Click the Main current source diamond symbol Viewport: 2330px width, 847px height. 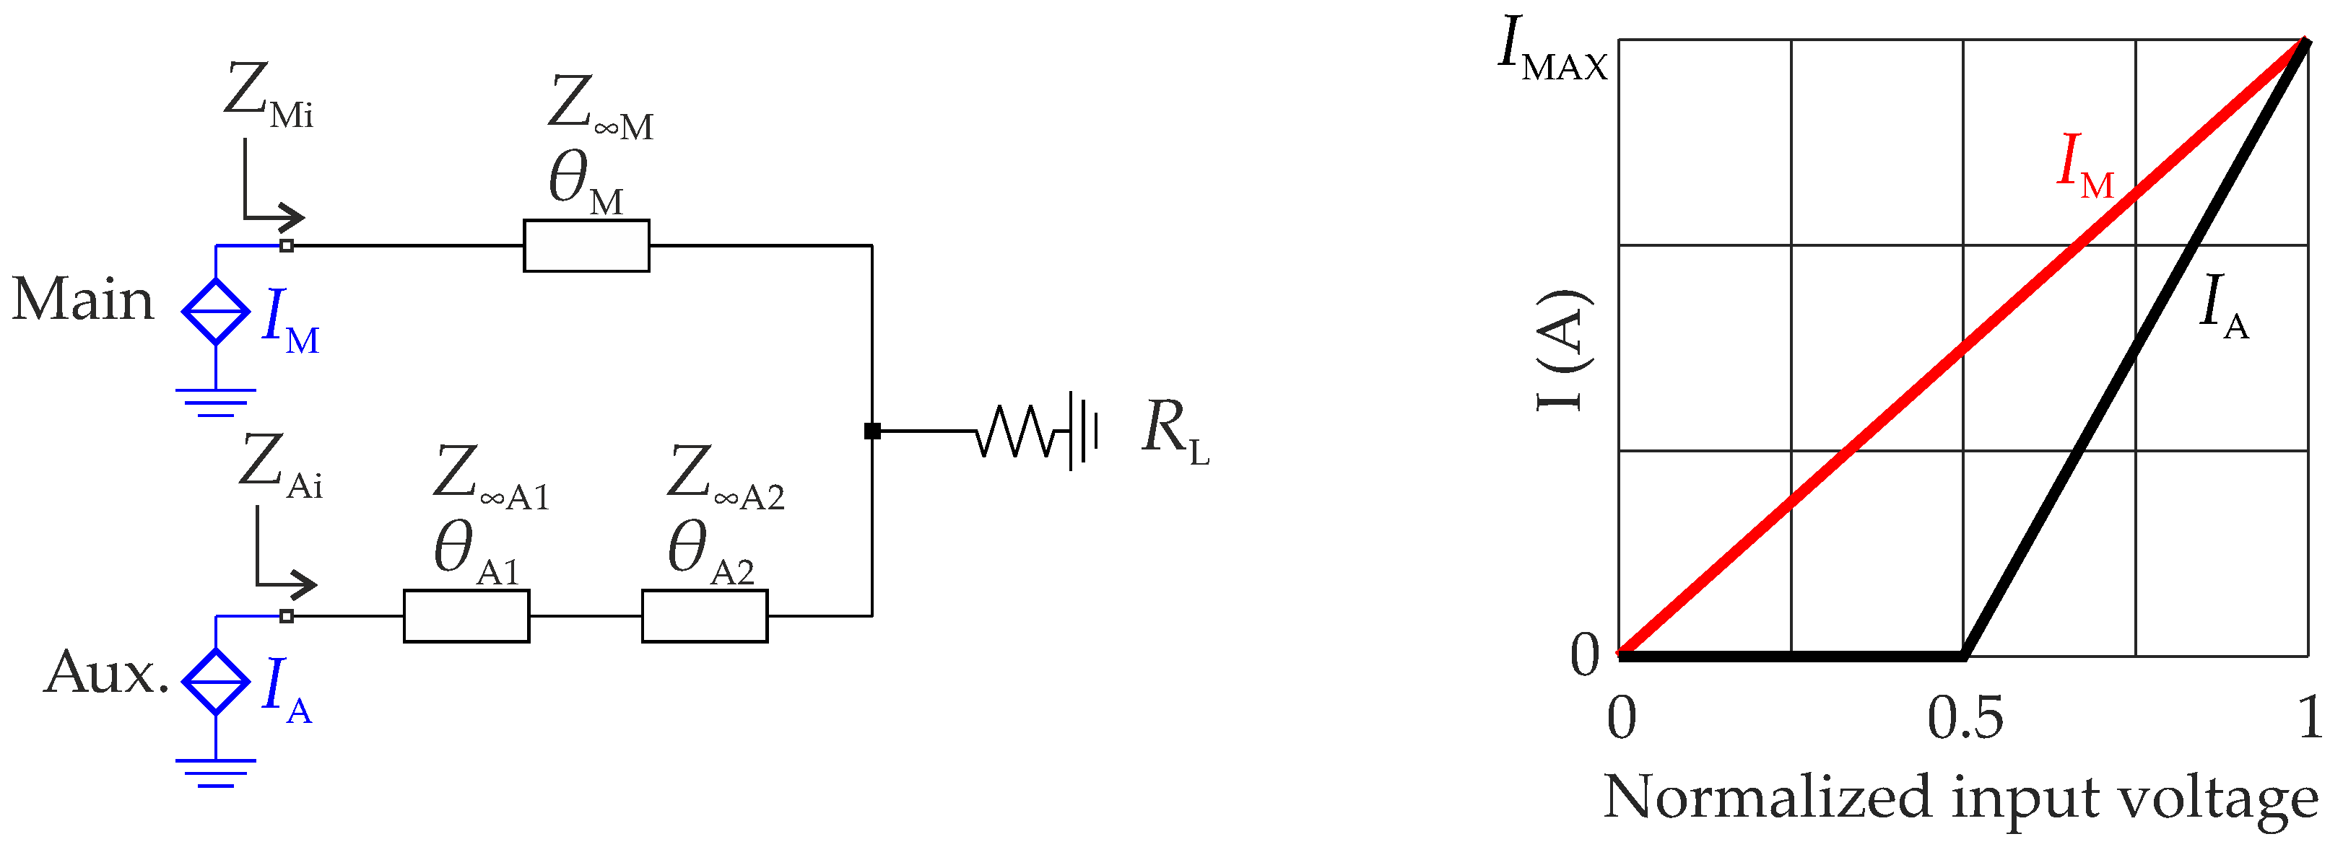pos(215,311)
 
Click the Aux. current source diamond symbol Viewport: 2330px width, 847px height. pos(215,682)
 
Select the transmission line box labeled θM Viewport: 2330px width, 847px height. pos(586,245)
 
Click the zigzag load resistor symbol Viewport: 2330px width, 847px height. pos(1017,431)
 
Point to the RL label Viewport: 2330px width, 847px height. pos(1174,431)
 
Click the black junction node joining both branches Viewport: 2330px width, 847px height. pos(872,431)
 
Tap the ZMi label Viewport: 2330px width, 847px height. pos(268,96)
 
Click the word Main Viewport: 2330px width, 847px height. pos(82,300)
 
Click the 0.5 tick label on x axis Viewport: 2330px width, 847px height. pos(1965,719)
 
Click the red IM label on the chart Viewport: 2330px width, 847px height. pos(2084,167)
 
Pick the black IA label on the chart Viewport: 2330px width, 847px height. pos(2222,307)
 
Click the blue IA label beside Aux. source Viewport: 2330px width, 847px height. pos(286,689)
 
